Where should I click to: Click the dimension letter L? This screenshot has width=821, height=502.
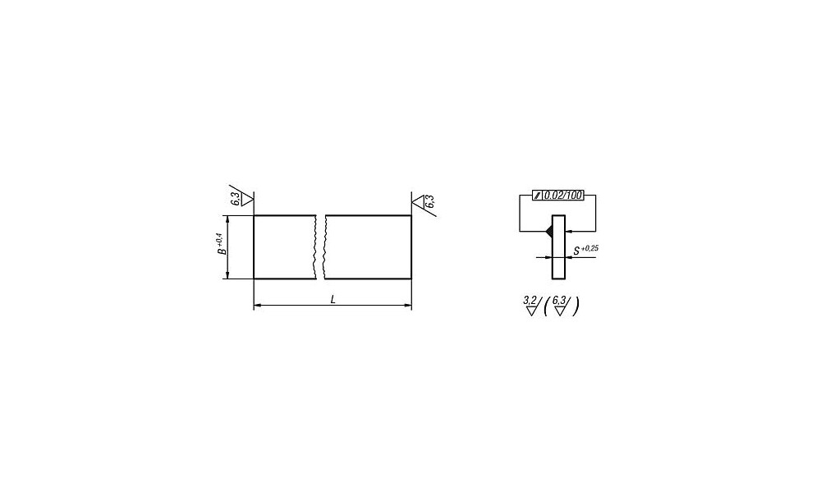pos(333,300)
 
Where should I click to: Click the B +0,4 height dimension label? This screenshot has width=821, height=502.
pos(222,244)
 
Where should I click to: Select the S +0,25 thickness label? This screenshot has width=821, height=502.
pos(585,250)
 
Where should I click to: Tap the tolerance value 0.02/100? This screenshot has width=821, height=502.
pos(563,196)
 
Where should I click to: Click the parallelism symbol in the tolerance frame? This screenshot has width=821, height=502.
pos(538,196)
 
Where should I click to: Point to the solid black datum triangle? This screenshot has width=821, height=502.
pos(548,231)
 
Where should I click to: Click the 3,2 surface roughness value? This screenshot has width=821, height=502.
pos(530,300)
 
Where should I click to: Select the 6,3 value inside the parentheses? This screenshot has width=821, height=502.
pos(558,300)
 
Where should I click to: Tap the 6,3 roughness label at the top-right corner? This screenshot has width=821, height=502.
pos(430,201)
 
